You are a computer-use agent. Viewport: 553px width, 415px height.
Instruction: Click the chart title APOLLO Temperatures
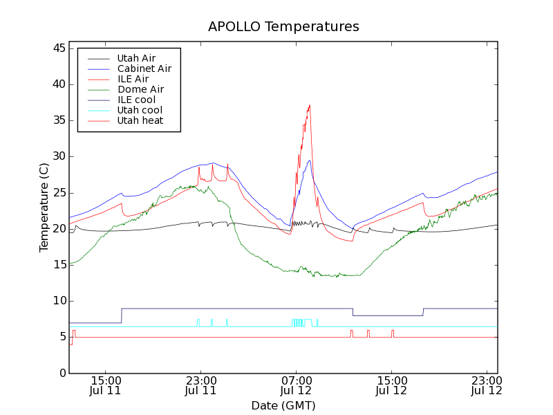(283, 27)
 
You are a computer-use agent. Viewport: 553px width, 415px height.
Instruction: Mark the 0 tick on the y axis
(62, 373)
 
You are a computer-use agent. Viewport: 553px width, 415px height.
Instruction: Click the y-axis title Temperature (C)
(44, 207)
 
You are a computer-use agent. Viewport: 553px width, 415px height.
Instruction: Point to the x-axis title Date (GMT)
(283, 405)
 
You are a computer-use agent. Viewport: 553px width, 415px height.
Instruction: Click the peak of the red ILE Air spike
(310, 105)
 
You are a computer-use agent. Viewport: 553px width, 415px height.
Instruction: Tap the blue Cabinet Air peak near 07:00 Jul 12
(310, 160)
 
